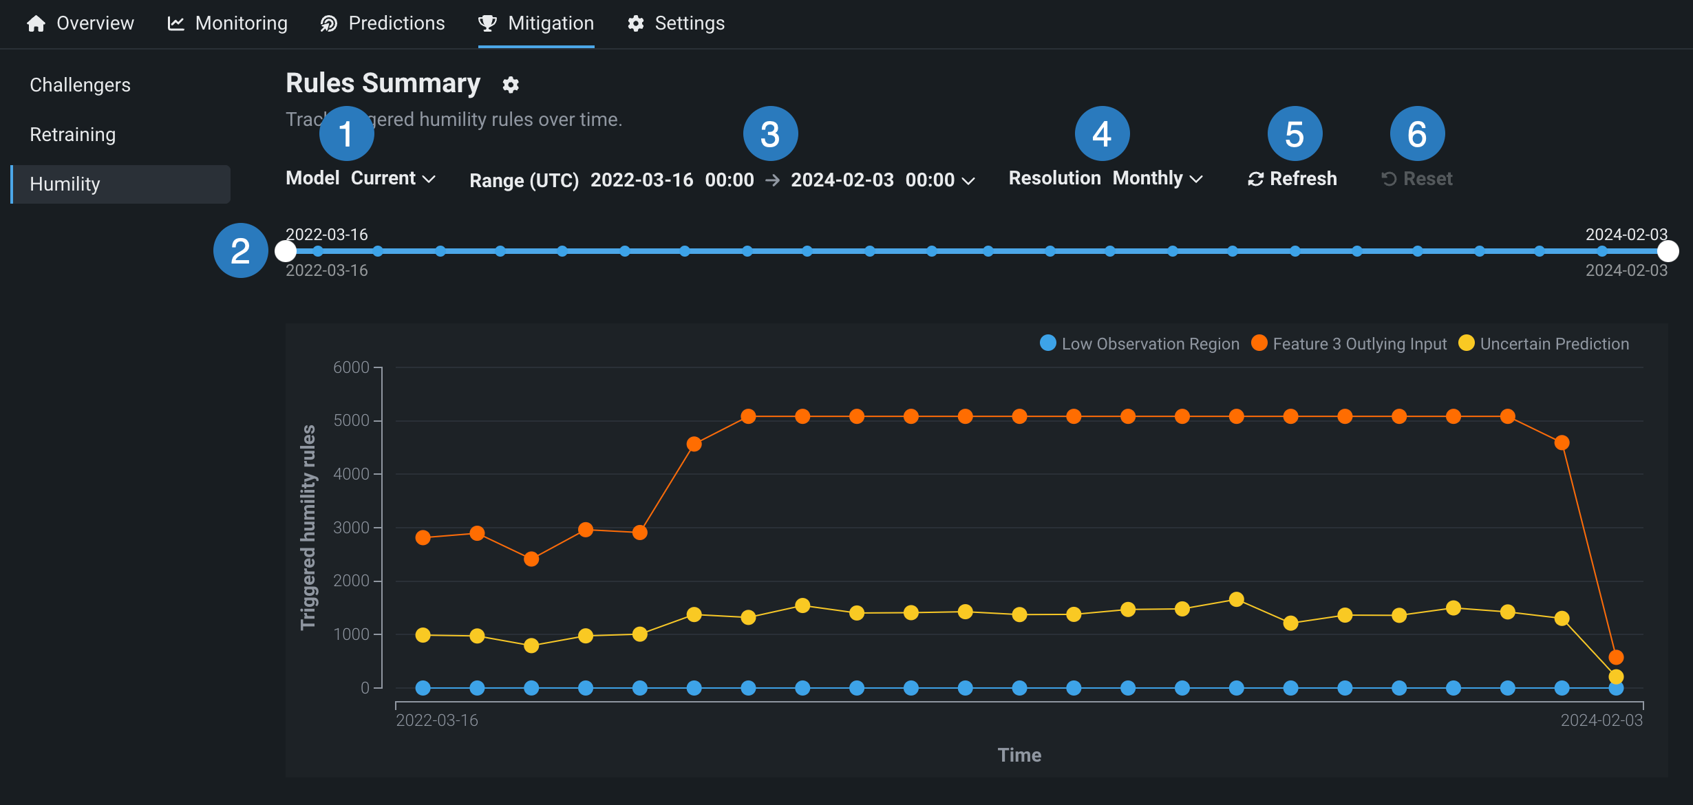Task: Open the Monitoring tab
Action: coord(228,23)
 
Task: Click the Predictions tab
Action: coord(383,23)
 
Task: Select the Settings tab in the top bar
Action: coord(676,23)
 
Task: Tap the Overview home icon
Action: coord(36,23)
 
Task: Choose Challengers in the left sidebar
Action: coord(80,85)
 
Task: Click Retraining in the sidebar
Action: coord(72,135)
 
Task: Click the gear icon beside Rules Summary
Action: coord(511,85)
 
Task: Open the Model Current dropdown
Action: coord(392,179)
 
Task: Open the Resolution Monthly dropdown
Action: coord(1156,179)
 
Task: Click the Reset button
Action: coord(1418,179)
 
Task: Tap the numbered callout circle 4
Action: coord(1102,133)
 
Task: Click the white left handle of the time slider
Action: coord(286,251)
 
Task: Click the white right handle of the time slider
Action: coord(1668,251)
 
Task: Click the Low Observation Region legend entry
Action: coord(1140,344)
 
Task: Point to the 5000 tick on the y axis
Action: coord(352,420)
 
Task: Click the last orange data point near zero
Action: coord(1616,657)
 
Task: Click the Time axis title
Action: coord(1019,755)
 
